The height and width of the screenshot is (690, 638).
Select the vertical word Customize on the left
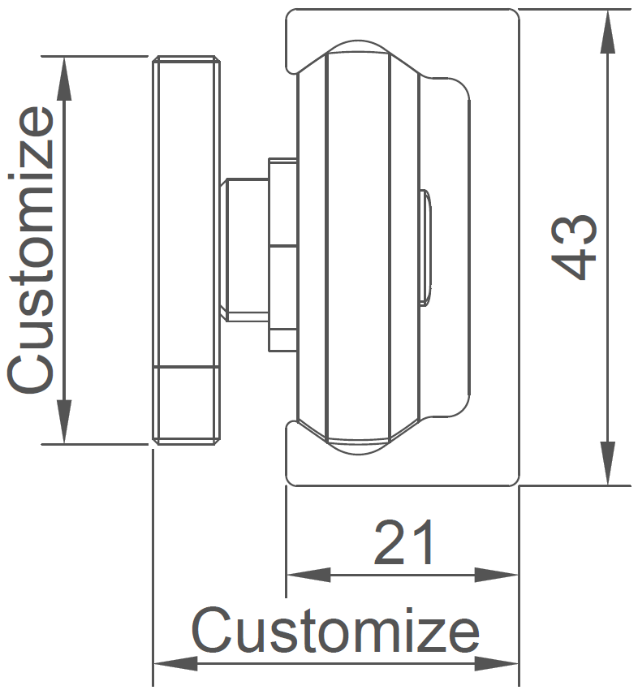[x=32, y=250]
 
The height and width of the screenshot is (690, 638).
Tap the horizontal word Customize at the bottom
[x=335, y=631]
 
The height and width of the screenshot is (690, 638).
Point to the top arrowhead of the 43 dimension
[x=608, y=24]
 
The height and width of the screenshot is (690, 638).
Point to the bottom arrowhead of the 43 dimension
[x=608, y=469]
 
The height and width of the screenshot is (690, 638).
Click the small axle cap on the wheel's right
[x=425, y=247]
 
